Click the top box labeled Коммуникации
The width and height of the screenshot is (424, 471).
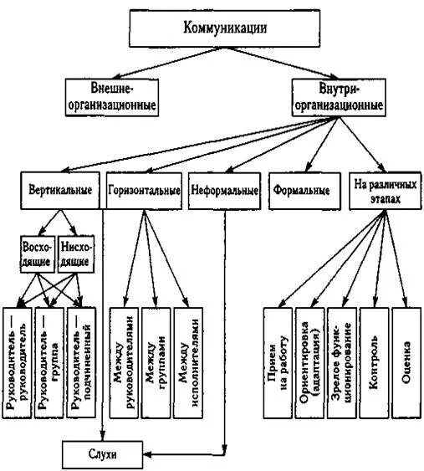click(225, 28)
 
